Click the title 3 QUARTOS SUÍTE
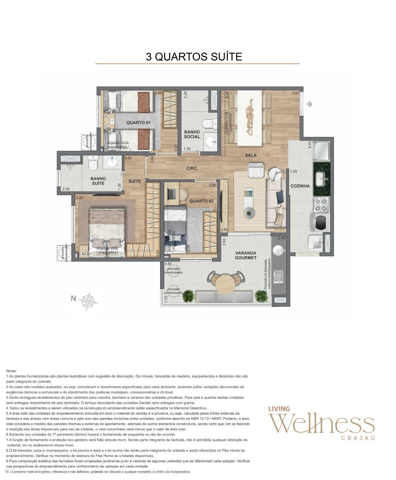[x=194, y=56]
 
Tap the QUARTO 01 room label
[x=138, y=123]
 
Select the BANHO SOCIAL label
[x=192, y=134]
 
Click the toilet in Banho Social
[x=209, y=124]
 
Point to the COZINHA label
[x=300, y=186]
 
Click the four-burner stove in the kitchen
[x=321, y=204]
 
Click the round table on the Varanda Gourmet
[x=225, y=284]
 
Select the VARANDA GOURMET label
[x=245, y=255]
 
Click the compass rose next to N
[x=88, y=301]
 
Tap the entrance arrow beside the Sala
[x=309, y=104]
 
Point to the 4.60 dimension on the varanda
[x=168, y=264]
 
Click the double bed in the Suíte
[x=106, y=229]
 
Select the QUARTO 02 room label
[x=201, y=201]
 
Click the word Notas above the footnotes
[x=11, y=371]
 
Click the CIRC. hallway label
[x=192, y=169]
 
